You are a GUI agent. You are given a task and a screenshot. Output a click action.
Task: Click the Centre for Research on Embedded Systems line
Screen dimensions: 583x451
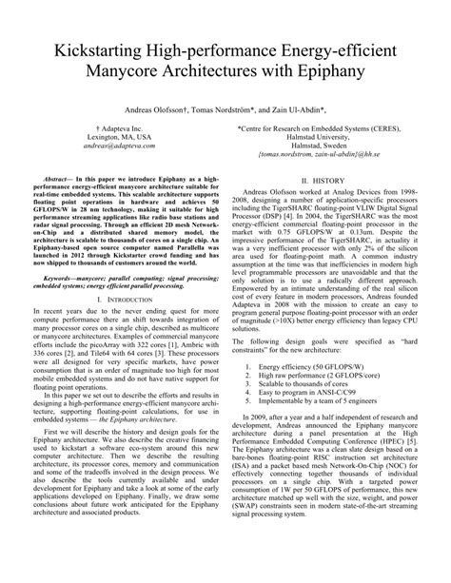(x=323, y=139)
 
